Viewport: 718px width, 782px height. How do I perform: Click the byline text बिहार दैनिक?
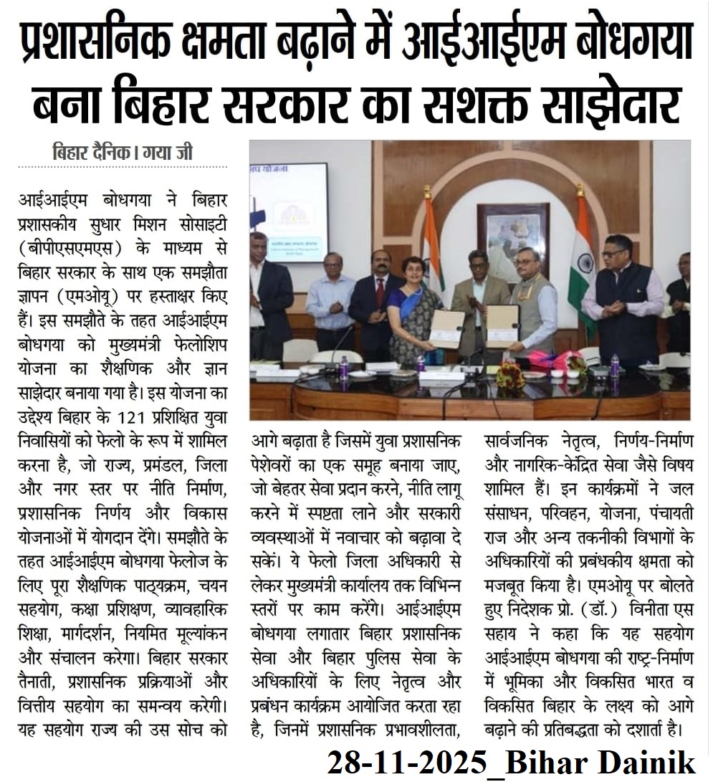click(x=92, y=153)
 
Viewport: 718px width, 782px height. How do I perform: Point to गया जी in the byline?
click(x=166, y=153)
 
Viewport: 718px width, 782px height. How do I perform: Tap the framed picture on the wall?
click(x=513, y=237)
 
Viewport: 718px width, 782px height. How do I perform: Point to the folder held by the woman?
click(x=447, y=329)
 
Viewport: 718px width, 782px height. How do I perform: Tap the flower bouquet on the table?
click(x=510, y=375)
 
